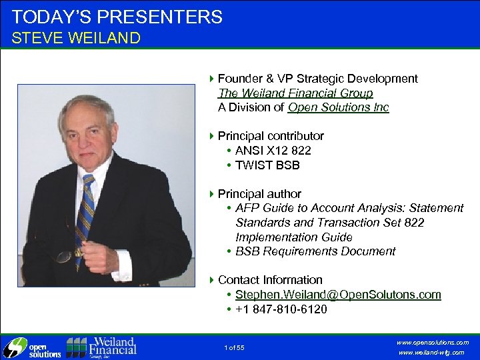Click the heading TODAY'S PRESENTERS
click(x=117, y=17)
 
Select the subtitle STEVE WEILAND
click(x=76, y=38)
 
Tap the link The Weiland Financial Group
click(x=295, y=93)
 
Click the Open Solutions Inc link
click(x=339, y=107)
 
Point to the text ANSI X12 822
click(x=273, y=151)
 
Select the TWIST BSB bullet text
click(x=268, y=165)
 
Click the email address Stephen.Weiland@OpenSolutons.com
click(x=338, y=295)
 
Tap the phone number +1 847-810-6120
click(x=281, y=309)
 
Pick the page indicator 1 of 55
click(x=235, y=347)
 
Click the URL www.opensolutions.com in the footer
click(x=433, y=342)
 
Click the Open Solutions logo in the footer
click(x=32, y=347)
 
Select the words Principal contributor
click(x=271, y=136)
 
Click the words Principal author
click(x=259, y=194)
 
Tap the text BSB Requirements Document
click(x=315, y=251)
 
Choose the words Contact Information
click(x=270, y=280)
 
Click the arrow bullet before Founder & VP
click(x=211, y=79)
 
